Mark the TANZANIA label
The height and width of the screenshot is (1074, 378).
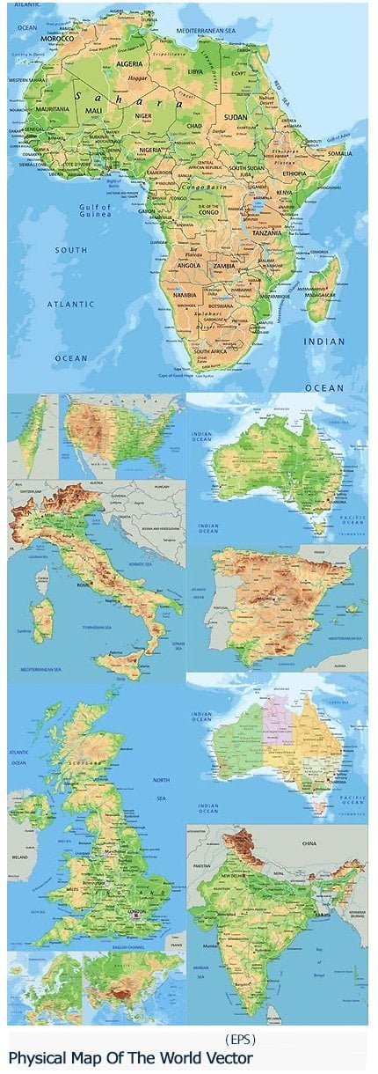(x=269, y=232)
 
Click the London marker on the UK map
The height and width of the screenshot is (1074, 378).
(x=135, y=915)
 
